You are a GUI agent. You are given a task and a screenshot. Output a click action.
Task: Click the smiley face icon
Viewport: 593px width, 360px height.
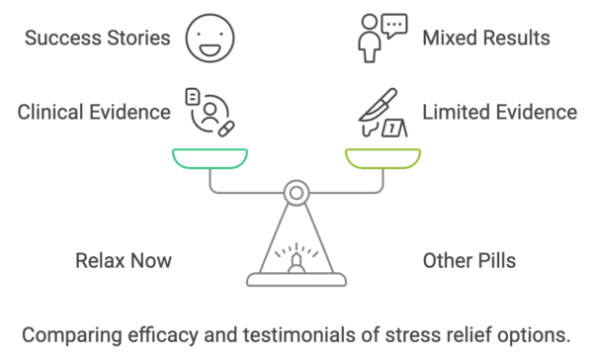point(209,39)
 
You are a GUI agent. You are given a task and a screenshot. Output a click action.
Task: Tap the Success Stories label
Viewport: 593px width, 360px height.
point(97,39)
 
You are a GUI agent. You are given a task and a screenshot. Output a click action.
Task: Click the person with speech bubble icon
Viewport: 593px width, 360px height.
point(381,39)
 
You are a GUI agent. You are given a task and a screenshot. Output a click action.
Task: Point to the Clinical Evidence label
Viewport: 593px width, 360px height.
point(94,112)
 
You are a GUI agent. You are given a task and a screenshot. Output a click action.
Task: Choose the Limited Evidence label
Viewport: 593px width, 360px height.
point(499,112)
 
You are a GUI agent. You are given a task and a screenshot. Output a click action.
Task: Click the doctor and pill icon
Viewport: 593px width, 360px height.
point(210,112)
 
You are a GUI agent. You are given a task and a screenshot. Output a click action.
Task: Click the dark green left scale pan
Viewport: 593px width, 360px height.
point(210,157)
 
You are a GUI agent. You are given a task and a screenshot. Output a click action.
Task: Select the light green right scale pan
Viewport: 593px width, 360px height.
point(382,157)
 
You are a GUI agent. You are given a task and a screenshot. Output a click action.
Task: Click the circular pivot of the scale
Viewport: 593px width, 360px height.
point(296,192)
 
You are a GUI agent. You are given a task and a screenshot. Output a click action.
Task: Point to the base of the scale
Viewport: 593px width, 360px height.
point(296,278)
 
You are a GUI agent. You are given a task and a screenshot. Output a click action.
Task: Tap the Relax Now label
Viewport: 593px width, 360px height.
point(124,261)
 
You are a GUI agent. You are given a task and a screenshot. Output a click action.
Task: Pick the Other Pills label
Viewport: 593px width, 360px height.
point(468,261)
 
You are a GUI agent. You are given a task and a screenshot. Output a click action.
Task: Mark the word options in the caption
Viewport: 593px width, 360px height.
point(535,334)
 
